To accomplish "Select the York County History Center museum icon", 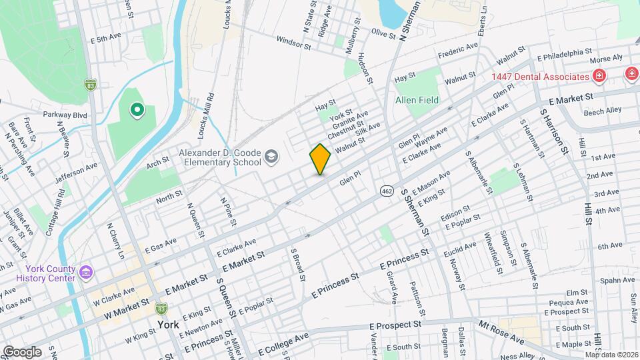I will pos(85,273).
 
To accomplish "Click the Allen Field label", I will pos(417,99).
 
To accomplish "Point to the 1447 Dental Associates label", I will pos(540,77).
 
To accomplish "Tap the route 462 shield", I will pos(387,191).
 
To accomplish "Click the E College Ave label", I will pos(283,343).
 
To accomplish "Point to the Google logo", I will pos(22,351).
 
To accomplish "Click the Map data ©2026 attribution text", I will pos(611,355).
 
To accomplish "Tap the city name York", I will pos(169,325).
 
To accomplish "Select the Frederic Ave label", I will pos(458,49).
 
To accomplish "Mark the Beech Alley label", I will pos(602,111).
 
